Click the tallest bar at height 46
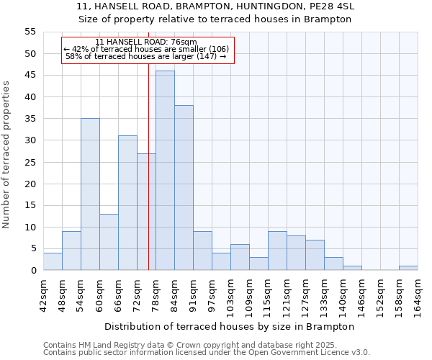click(x=165, y=170)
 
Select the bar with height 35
click(x=90, y=194)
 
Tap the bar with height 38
click(x=184, y=187)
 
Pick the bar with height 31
click(x=127, y=202)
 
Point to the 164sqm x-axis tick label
click(x=418, y=294)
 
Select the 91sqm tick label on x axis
click(x=193, y=293)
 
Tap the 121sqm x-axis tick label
click(x=287, y=294)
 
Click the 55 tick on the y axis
click(x=30, y=32)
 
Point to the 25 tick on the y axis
click(x=30, y=162)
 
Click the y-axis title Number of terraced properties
click(x=6, y=155)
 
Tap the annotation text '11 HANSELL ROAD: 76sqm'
click(x=146, y=42)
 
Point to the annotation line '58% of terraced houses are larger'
click(x=146, y=56)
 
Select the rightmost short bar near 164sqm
click(x=408, y=268)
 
